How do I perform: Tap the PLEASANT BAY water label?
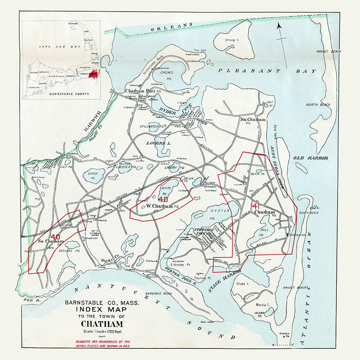pos(267,71)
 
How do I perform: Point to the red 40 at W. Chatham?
pos(163,199)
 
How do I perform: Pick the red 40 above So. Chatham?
pos(55,236)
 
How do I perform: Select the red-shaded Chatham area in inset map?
pos(93,74)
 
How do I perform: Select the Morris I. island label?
pos(263,305)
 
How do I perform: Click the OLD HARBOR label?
pos(310,158)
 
